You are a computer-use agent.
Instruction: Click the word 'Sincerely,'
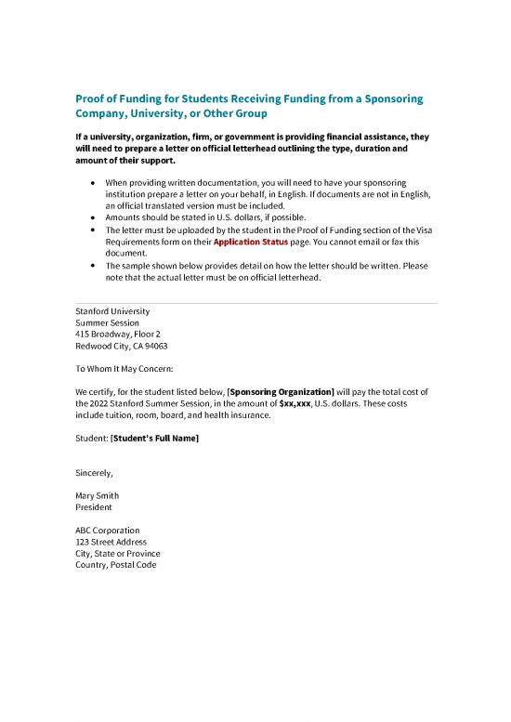tap(94, 472)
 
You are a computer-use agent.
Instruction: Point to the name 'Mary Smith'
tap(97, 495)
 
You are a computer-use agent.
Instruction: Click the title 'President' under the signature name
tap(94, 507)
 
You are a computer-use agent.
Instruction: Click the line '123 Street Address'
tap(111, 542)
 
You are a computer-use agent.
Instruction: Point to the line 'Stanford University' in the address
tap(111, 310)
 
